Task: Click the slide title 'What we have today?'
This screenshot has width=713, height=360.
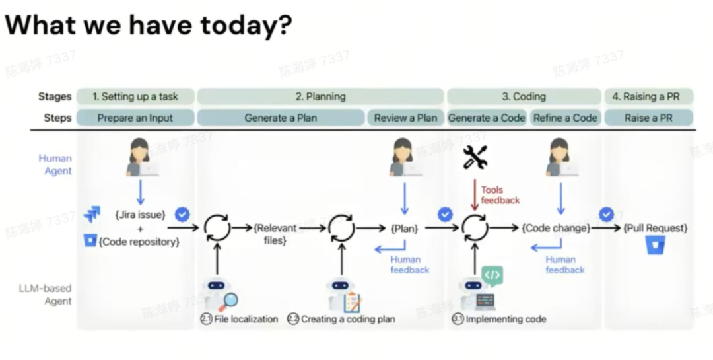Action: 149,26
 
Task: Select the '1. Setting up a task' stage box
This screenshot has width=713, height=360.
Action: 135,96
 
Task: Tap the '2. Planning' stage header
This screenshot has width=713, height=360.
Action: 320,96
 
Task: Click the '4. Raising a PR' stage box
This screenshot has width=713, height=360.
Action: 649,96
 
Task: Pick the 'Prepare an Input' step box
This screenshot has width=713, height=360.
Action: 135,118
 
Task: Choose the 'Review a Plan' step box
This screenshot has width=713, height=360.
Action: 405,118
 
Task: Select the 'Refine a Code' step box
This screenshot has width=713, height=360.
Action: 565,118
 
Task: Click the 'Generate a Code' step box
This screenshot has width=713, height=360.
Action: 487,118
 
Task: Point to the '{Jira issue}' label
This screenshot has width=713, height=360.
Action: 139,215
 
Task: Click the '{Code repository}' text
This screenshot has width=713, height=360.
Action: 139,242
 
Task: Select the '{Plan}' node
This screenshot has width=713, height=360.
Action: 405,228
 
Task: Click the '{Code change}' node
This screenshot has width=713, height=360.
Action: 555,228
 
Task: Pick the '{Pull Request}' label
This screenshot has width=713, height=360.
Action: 655,228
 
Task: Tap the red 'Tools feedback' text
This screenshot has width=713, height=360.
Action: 500,195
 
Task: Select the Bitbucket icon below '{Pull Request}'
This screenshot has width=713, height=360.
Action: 655,246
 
